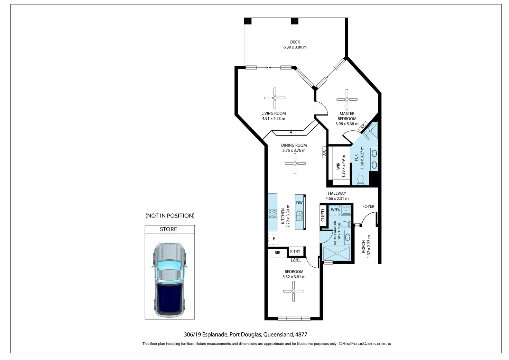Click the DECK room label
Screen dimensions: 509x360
coord(295,42)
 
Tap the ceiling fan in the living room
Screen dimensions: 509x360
coord(275,98)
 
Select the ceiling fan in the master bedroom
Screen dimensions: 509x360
coord(347,100)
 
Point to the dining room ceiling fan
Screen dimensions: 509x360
coord(295,163)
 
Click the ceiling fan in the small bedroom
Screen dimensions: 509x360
coord(293,291)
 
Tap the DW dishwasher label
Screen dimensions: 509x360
coord(299,203)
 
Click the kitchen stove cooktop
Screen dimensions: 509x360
coord(272,213)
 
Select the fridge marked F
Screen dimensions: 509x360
coord(274,239)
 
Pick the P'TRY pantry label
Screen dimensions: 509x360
coord(295,252)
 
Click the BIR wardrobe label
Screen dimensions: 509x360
coord(277,253)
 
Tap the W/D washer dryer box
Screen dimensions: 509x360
coord(335,210)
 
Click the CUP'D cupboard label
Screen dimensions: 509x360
coord(323,215)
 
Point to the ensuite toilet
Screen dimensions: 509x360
coord(360,180)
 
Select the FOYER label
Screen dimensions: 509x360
coord(368,206)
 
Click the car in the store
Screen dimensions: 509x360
coord(169,280)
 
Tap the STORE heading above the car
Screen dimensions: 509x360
coord(168,229)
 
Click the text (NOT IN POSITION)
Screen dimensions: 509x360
coord(170,216)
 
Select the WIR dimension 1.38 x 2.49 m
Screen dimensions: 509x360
coord(343,166)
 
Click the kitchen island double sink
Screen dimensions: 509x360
coord(299,216)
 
